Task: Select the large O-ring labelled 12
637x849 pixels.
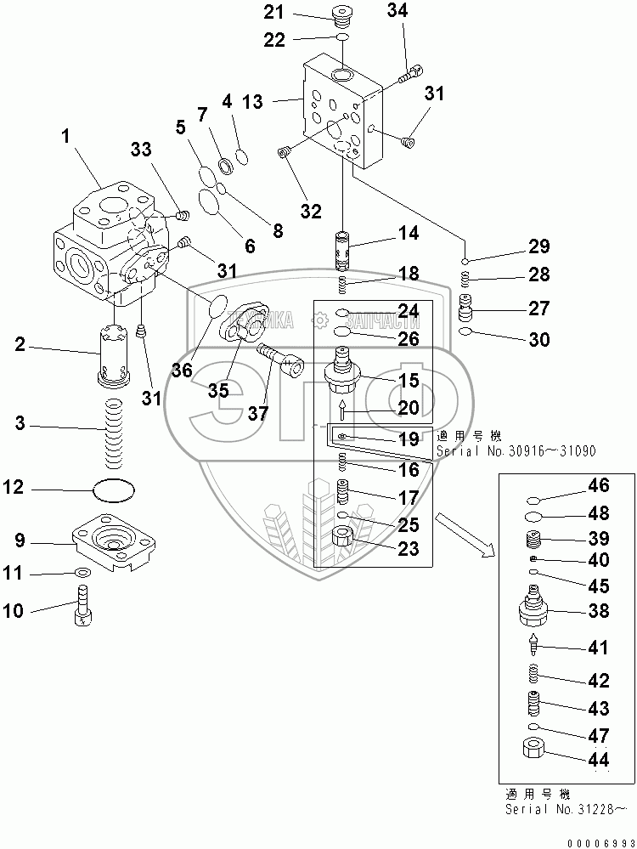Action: pos(115,490)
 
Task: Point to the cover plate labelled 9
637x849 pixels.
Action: pos(114,541)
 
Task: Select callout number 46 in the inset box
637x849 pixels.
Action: pos(599,486)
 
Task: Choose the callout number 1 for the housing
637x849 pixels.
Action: pos(66,136)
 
